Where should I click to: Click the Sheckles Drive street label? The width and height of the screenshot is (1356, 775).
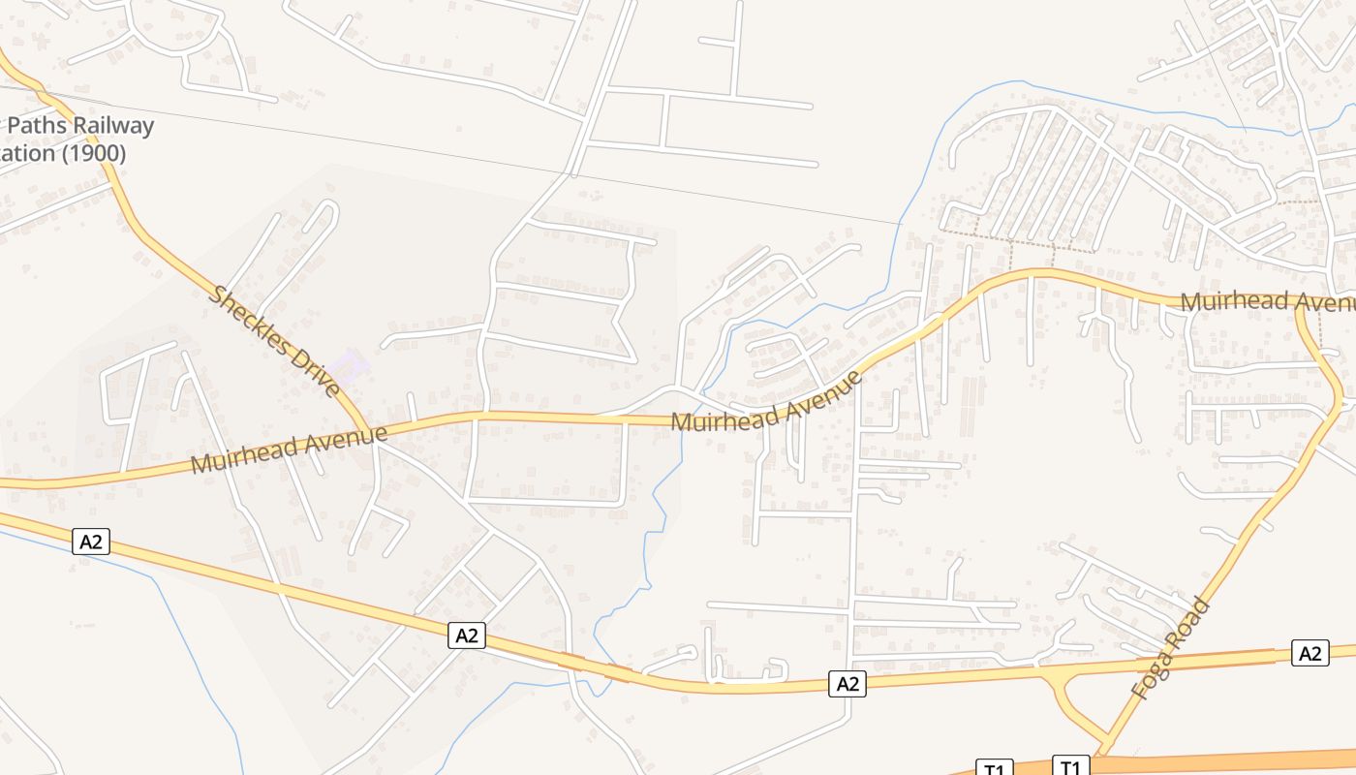277,341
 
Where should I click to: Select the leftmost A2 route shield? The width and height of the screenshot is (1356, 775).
91,542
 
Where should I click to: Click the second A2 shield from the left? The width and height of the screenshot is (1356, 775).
467,635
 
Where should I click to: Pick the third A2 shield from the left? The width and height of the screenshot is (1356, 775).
847,684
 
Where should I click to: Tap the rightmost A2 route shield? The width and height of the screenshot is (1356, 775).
1310,654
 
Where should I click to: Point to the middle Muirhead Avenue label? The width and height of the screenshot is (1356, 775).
765,402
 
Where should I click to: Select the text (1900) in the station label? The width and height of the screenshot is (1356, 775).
94,153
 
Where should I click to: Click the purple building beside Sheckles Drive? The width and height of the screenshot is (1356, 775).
348,366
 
